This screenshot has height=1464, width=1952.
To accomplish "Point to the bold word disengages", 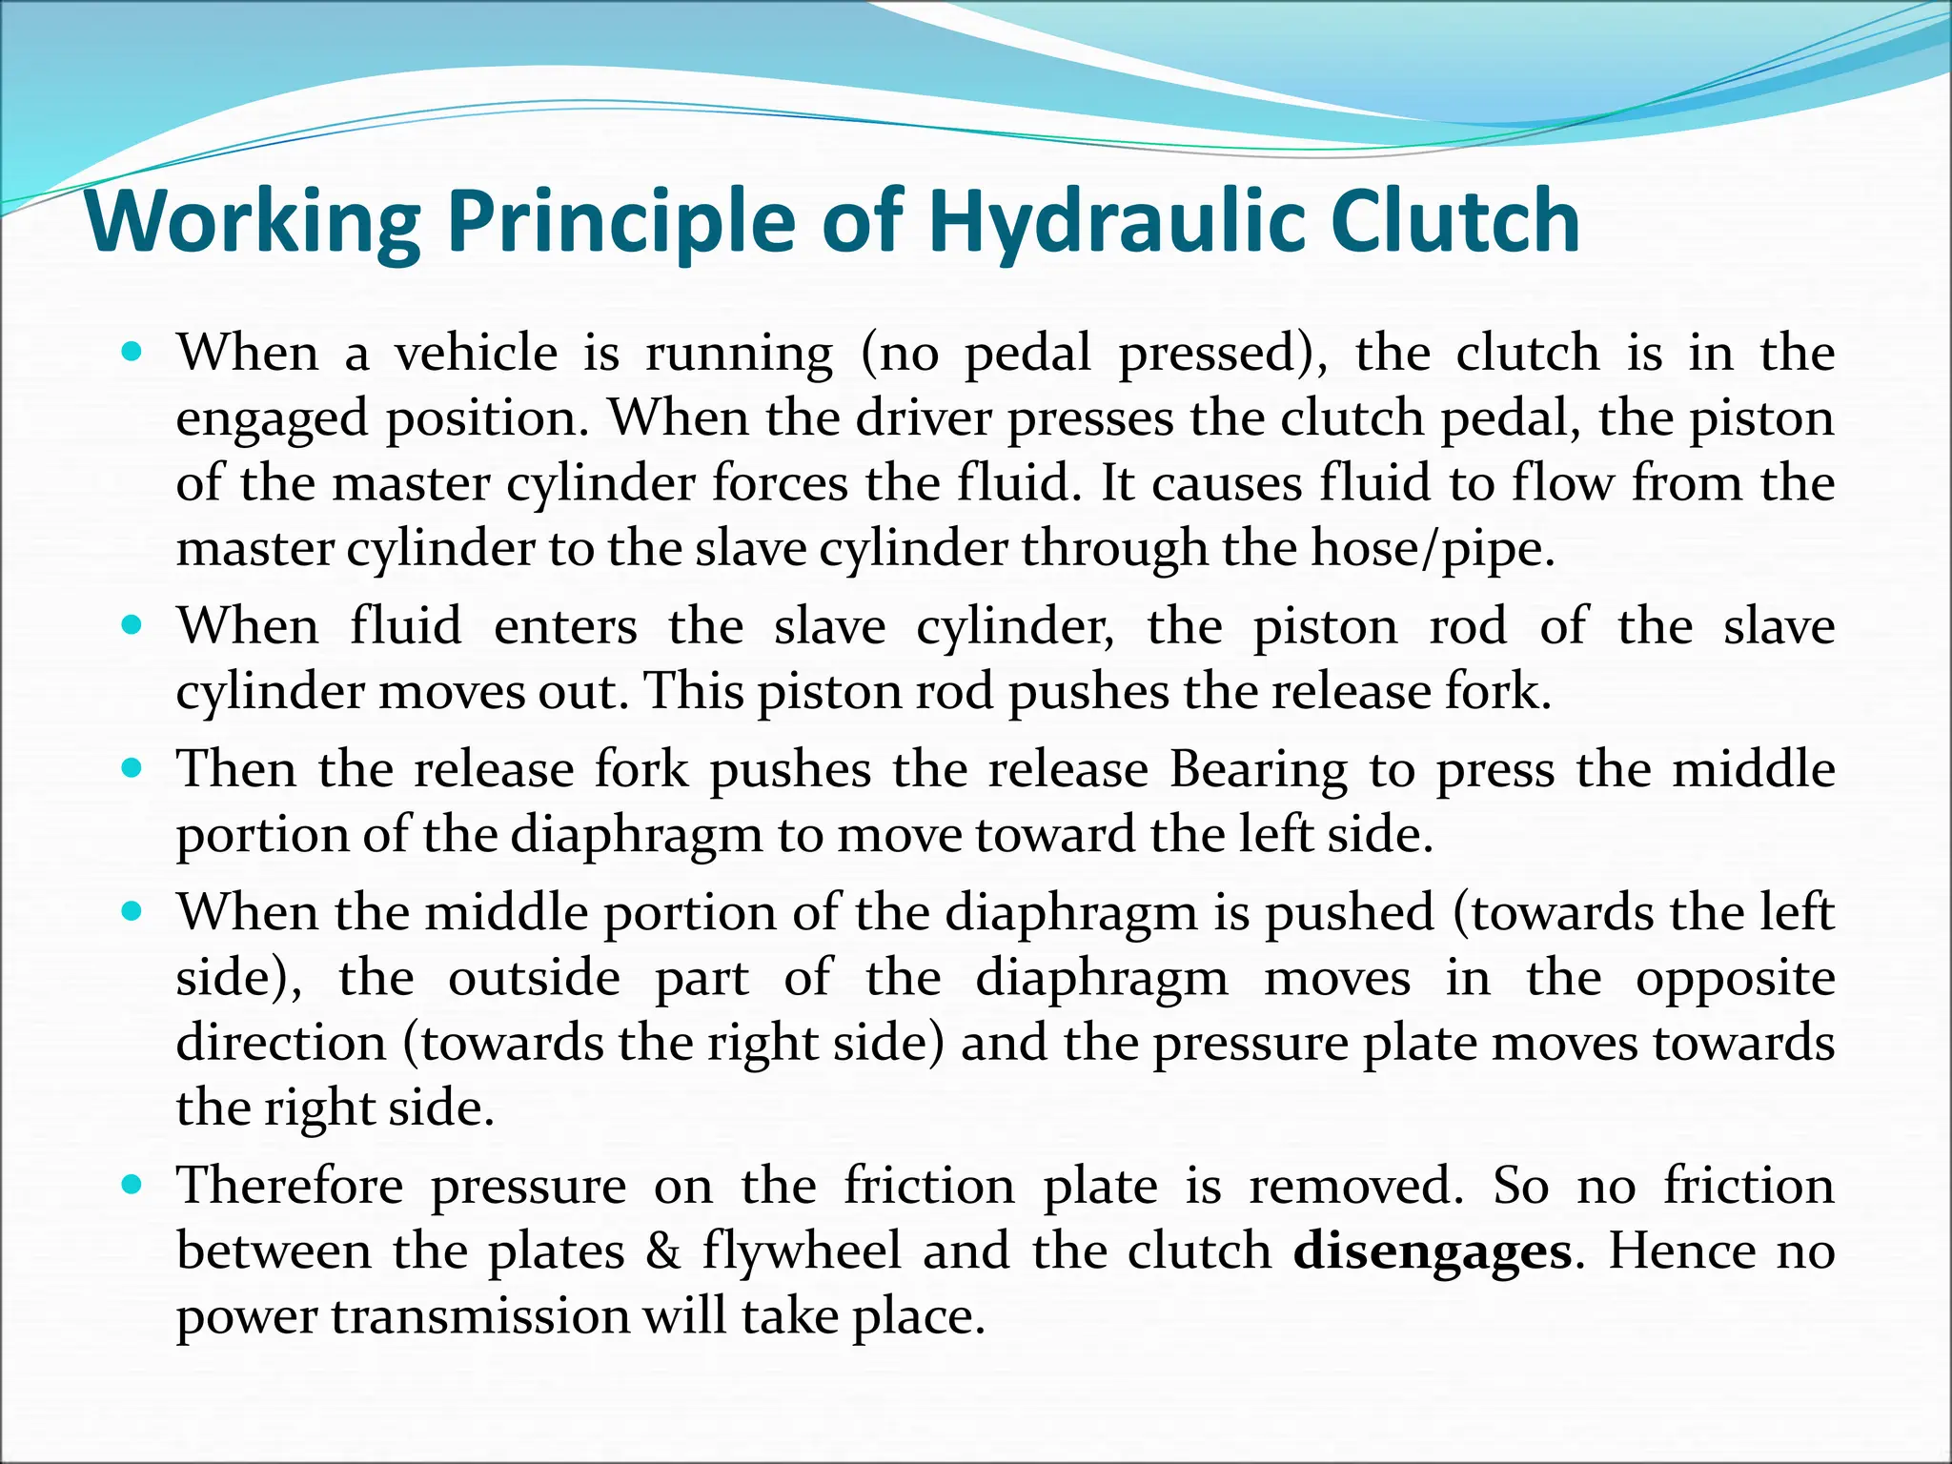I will pyautogui.click(x=1432, y=1251).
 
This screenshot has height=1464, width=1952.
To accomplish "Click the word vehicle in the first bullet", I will pyautogui.click(x=477, y=354).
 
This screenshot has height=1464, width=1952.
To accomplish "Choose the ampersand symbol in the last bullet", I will pyautogui.click(x=662, y=1251).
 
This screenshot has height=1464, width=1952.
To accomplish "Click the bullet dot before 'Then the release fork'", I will pyautogui.click(x=132, y=767).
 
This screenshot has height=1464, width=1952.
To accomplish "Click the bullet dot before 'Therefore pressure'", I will pyautogui.click(x=132, y=1185).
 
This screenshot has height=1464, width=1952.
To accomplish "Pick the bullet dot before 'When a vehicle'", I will pyautogui.click(x=132, y=352).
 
